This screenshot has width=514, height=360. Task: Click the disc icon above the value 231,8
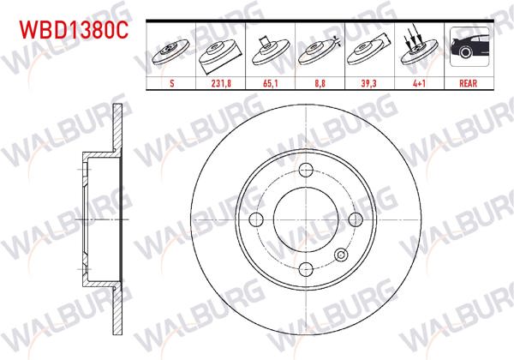pyautogui.click(x=222, y=53)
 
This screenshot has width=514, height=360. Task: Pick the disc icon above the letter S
pyautogui.click(x=173, y=53)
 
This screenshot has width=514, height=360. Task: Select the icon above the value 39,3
pyautogui.click(x=368, y=53)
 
